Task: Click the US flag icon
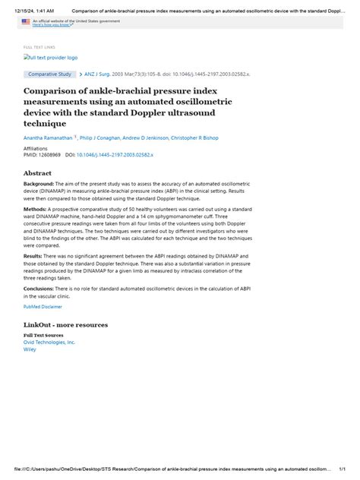tap(25, 23)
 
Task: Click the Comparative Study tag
tap(49, 74)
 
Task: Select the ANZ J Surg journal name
tap(99, 74)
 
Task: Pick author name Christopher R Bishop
tap(213, 138)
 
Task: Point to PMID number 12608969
tap(55, 154)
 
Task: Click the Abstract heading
tap(39, 172)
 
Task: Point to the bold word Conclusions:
tap(39, 288)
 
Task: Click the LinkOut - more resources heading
tap(65, 324)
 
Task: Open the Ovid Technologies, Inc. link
tap(49, 342)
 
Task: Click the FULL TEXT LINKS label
tap(39, 47)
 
